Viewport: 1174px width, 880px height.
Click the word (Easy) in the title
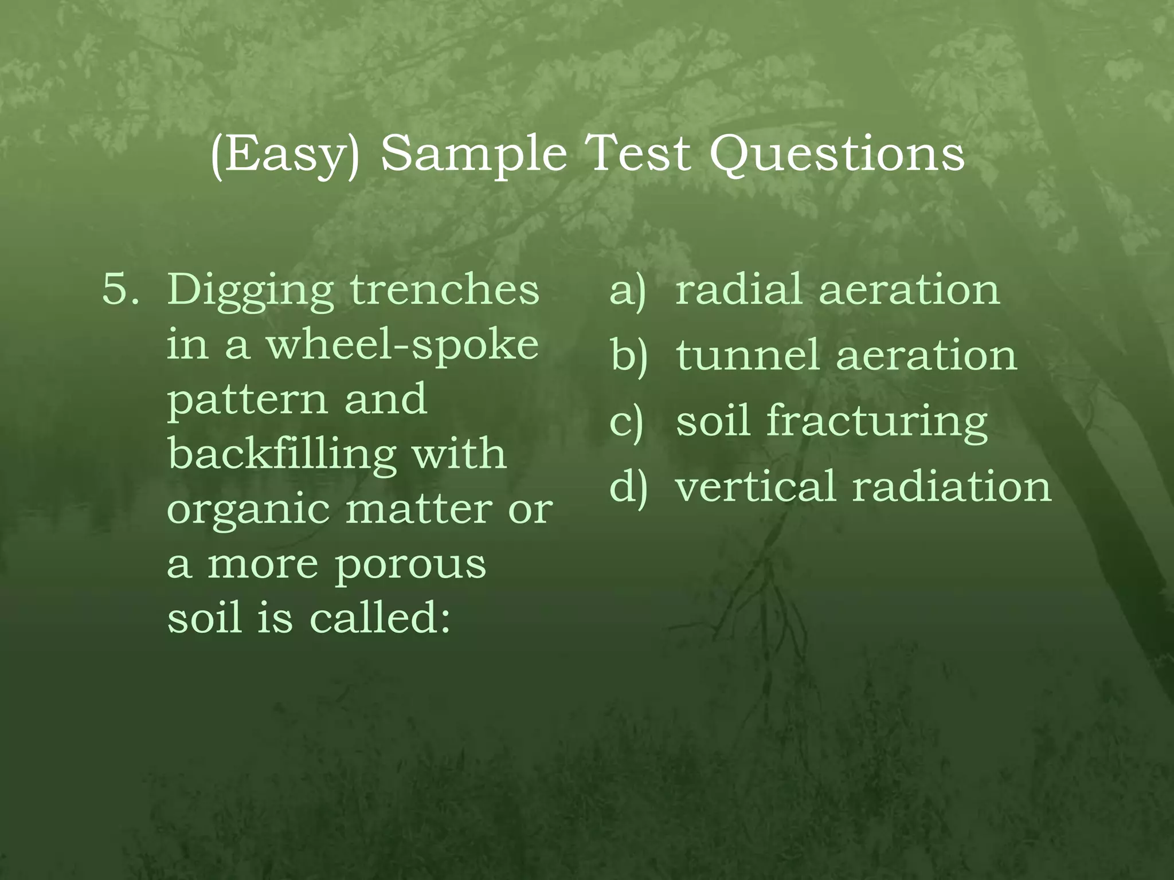pos(285,155)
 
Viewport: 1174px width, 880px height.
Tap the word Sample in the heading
pos(473,155)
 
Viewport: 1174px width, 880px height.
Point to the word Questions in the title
pos(837,155)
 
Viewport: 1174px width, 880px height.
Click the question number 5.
pos(120,289)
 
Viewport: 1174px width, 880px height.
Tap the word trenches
pos(445,289)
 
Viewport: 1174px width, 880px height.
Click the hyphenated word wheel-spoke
pos(402,345)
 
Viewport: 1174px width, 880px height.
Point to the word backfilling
pos(282,454)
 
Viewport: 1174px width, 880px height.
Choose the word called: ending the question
pos(379,619)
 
